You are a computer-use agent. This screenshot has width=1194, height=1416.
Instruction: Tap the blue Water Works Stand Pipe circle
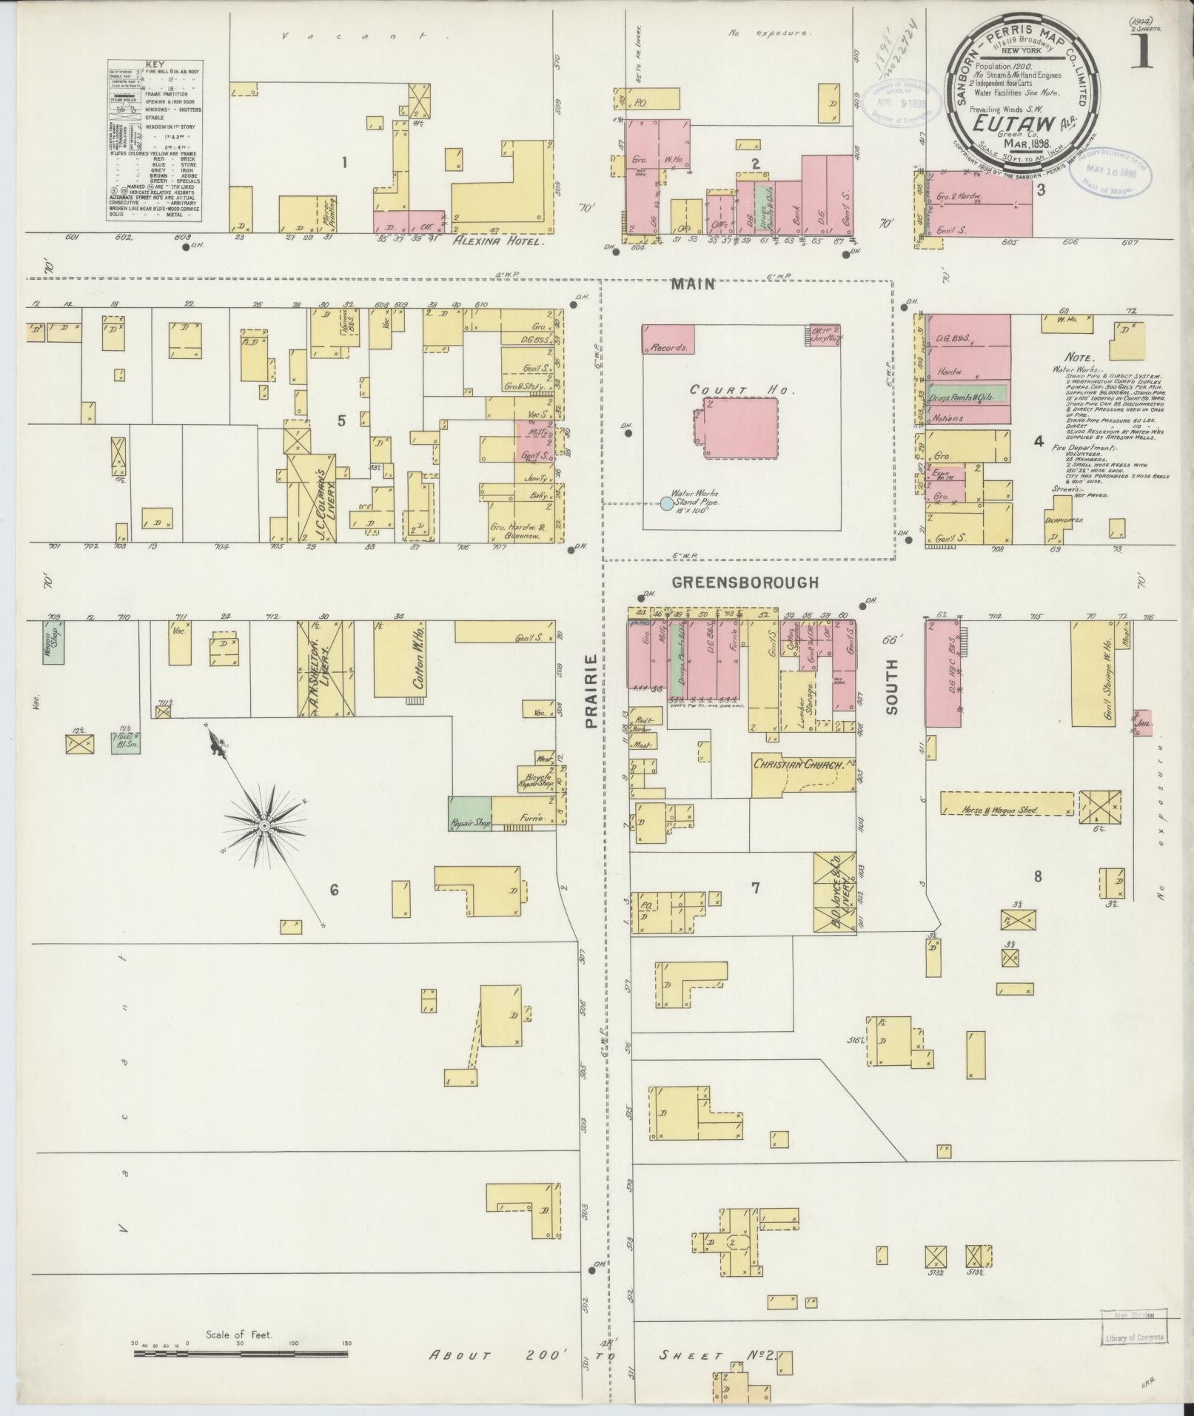[x=666, y=503]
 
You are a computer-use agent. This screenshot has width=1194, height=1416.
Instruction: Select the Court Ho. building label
[x=728, y=389]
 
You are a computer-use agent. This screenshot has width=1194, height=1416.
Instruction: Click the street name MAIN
[x=694, y=283]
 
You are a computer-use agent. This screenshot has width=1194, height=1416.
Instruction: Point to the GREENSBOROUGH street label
[x=745, y=583]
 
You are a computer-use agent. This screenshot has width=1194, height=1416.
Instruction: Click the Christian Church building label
[x=799, y=765]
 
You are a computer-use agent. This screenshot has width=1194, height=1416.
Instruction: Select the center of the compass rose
[x=264, y=825]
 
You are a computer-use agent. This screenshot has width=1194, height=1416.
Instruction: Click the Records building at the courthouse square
[x=668, y=339]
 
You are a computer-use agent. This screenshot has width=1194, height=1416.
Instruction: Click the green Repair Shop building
[x=469, y=813]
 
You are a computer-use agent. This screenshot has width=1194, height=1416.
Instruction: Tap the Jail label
[x=1144, y=717]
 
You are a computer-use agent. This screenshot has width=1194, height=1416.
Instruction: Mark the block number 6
[x=334, y=890]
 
